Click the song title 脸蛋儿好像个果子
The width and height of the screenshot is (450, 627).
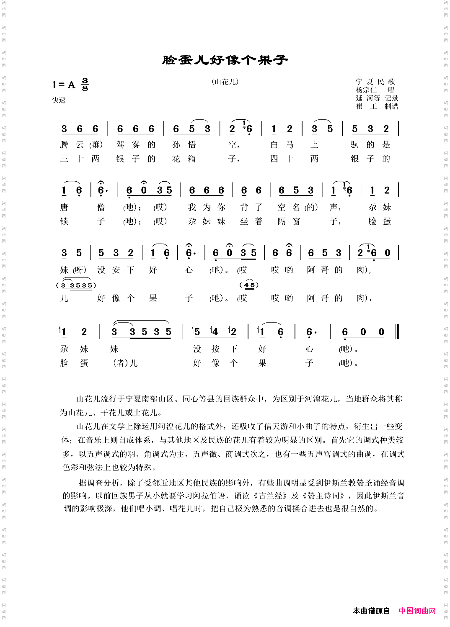tap(225, 60)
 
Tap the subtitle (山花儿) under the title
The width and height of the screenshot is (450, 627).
tap(225, 82)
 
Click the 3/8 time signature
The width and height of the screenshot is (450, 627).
tap(85, 84)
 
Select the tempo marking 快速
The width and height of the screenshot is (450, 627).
tap(59, 100)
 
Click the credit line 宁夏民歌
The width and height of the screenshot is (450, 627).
tap(375, 82)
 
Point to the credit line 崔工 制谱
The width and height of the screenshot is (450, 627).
tap(377, 106)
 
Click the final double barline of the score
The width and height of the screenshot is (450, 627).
tap(397, 331)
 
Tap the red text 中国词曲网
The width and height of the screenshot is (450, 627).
tap(417, 611)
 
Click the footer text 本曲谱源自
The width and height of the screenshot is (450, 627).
tap(371, 611)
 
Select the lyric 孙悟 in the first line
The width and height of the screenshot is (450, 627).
tap(184, 145)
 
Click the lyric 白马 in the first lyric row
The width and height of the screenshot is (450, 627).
tap(282, 145)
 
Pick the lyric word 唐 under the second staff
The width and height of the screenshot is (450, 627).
tap(64, 207)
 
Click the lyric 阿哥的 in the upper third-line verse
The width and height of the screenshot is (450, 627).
tap(324, 270)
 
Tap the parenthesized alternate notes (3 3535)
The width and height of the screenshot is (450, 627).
tap(76, 285)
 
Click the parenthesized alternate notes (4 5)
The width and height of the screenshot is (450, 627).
tap(249, 285)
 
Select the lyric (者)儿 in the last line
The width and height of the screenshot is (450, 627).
tap(125, 363)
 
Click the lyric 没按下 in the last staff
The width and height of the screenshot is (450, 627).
tap(215, 349)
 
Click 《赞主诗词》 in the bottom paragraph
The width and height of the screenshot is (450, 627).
tap(323, 496)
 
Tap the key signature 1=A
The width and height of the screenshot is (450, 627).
tap(64, 85)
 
